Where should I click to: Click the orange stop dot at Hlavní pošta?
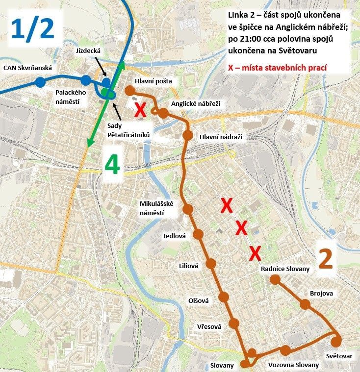tap(129, 90)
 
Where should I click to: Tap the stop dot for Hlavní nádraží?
tap(187, 135)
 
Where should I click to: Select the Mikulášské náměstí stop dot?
tap(187, 210)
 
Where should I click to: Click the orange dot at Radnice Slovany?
tap(275, 279)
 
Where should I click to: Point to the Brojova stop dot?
tap(305, 304)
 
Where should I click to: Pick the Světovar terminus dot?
tap(336, 341)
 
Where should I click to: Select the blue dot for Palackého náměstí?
tap(86, 80)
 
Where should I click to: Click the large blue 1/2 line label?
tap(34, 29)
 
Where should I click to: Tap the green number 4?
tap(112, 165)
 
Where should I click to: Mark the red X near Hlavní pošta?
tap(140, 110)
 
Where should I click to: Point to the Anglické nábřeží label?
tap(196, 104)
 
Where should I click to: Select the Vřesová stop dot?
tap(233, 323)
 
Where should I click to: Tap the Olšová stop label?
tap(199, 300)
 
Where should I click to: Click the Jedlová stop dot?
tap(198, 235)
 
